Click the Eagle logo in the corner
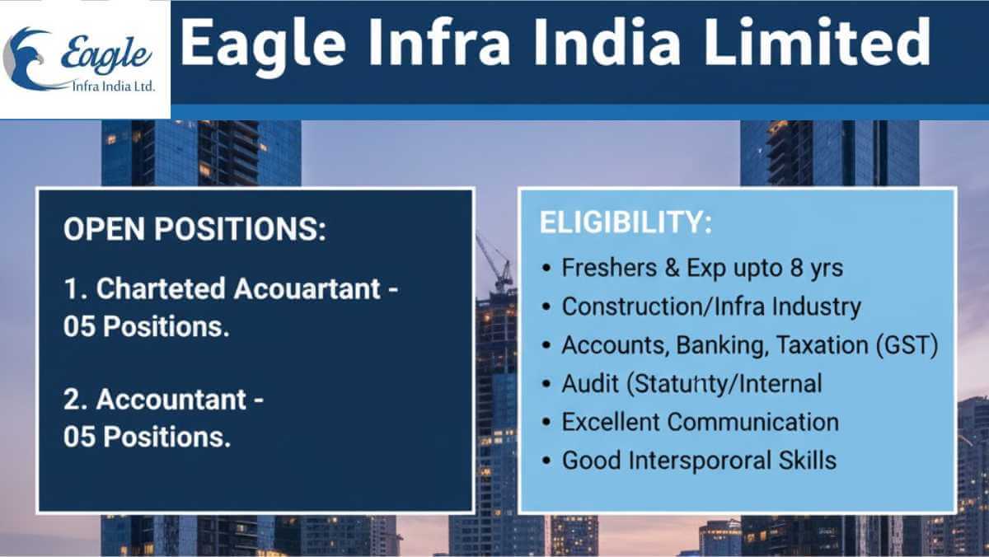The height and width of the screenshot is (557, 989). coord(82,59)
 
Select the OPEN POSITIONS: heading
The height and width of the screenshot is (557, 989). coord(195,230)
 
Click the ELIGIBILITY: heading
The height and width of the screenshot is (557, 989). coord(625,223)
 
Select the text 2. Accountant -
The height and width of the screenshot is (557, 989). coord(164,400)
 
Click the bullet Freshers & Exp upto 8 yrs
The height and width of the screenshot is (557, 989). coord(702,268)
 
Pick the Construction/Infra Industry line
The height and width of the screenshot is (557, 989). coord(710,307)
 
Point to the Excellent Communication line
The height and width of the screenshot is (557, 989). coord(700,422)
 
